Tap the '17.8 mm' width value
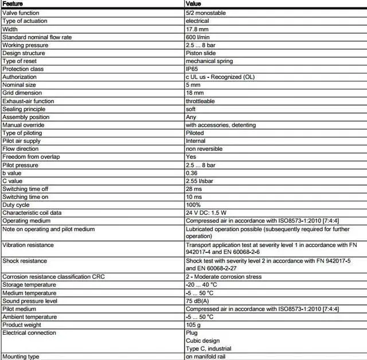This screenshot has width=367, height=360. (x=197, y=29)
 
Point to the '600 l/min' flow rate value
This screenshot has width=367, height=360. (x=198, y=37)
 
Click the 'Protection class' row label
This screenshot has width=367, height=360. (x=23, y=69)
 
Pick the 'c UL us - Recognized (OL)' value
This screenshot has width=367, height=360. (x=220, y=77)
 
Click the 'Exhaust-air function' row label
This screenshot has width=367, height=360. (x=28, y=101)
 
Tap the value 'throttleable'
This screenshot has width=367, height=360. (x=200, y=101)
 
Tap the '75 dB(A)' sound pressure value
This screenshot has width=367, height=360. (x=198, y=300)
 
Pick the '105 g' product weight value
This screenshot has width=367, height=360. (x=193, y=324)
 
